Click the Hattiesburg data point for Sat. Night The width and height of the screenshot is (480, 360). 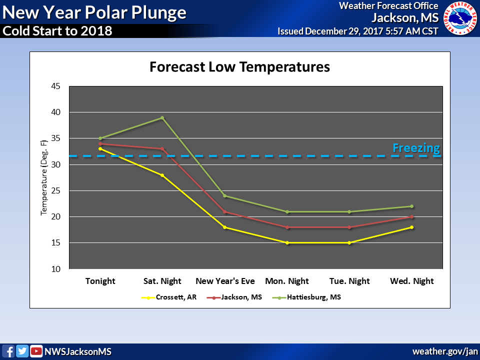(x=162, y=118)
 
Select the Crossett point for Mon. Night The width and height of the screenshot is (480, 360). (x=287, y=243)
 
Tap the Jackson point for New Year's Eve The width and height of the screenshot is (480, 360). (x=224, y=212)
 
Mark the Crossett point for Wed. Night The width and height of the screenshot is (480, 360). (x=411, y=227)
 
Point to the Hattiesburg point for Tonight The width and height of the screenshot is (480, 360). (x=100, y=138)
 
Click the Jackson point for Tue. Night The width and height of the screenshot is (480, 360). (x=349, y=227)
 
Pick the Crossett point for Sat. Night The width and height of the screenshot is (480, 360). (x=162, y=175)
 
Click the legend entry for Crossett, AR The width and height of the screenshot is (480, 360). (x=169, y=297)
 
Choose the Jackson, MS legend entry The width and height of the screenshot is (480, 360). (x=234, y=297)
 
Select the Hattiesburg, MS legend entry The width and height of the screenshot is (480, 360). (x=306, y=297)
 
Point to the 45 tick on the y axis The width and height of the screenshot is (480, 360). (x=55, y=86)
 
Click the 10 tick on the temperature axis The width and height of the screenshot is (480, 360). (x=55, y=269)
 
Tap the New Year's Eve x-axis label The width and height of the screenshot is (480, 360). (x=225, y=281)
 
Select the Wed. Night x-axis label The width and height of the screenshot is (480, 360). (x=411, y=281)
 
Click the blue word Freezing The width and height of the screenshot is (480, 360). (x=416, y=148)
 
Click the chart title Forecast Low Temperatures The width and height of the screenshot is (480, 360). (x=239, y=66)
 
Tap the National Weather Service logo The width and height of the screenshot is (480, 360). (x=460, y=18)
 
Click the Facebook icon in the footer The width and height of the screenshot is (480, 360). (x=8, y=351)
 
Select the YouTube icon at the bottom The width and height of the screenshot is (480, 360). (x=36, y=351)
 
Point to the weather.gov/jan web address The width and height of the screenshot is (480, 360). (x=445, y=351)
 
